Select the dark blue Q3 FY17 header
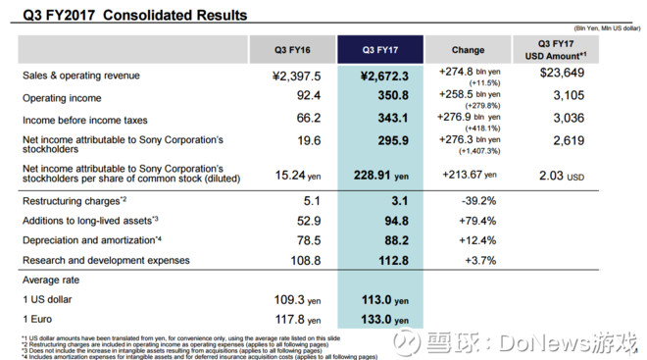[x=379, y=49]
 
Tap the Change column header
[x=468, y=49]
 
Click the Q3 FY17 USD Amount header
[x=555, y=49]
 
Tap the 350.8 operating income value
[x=388, y=98]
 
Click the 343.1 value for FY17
[x=388, y=121]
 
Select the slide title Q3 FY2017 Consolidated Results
[x=127, y=16]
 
